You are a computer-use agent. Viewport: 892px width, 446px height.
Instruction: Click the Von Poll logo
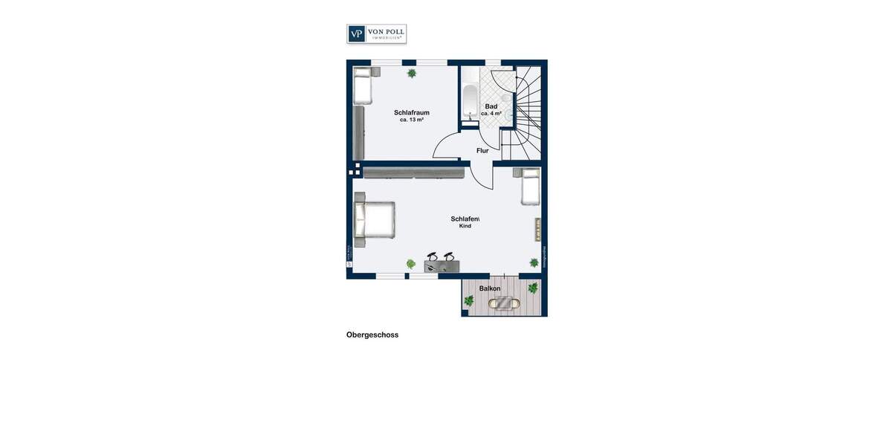(x=376, y=34)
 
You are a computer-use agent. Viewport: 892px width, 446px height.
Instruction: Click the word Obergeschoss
(x=372, y=335)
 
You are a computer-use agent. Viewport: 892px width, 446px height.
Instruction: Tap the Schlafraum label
(x=411, y=113)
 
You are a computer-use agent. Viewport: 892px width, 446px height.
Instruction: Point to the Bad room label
(x=491, y=106)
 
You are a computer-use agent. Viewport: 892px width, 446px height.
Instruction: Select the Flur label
(x=482, y=151)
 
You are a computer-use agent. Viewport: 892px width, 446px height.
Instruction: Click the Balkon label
(x=490, y=288)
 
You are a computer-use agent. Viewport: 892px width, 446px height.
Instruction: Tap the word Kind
(x=465, y=226)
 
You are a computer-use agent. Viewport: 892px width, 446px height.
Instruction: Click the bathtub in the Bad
(x=470, y=102)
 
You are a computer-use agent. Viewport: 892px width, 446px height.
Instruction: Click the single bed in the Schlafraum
(x=362, y=86)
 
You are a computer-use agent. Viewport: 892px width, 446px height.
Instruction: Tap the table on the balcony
(x=505, y=303)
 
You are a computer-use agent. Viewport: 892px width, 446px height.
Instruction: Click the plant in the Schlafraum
(x=412, y=74)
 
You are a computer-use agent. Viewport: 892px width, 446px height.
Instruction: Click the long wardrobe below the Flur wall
(x=413, y=172)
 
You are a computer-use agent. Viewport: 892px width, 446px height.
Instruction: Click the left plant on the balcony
(x=469, y=301)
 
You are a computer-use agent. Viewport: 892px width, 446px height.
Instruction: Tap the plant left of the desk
(x=410, y=264)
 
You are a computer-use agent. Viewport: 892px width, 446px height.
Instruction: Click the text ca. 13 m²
(x=411, y=120)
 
